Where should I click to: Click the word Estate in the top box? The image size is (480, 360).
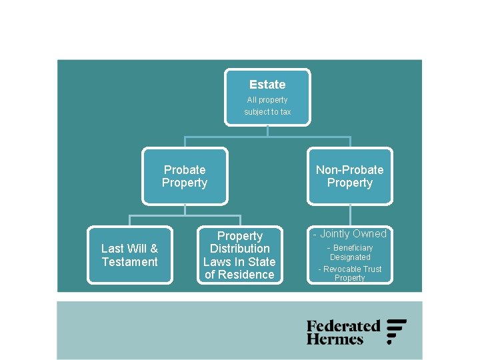pyautogui.click(x=267, y=85)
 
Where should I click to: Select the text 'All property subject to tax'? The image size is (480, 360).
pyautogui.click(x=267, y=106)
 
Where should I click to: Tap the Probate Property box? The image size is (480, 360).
pyautogui.click(x=185, y=177)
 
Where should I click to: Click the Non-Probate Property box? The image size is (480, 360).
pyautogui.click(x=350, y=177)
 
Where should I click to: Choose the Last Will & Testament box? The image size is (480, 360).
pyautogui.click(x=130, y=255)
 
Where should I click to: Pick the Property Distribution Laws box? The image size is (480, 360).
pyautogui.click(x=239, y=255)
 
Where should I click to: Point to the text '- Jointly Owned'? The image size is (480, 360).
pyautogui.click(x=350, y=234)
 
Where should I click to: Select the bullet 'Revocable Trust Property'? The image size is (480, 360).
pyautogui.click(x=350, y=273)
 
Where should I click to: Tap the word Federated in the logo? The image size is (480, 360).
pyautogui.click(x=343, y=326)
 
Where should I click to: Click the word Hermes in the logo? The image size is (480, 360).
pyautogui.click(x=335, y=339)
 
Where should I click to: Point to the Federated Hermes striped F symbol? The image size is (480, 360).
pyautogui.click(x=396, y=331)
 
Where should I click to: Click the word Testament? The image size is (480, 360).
pyautogui.click(x=130, y=262)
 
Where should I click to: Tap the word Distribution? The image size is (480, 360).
pyautogui.click(x=239, y=249)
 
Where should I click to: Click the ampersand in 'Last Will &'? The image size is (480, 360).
pyautogui.click(x=155, y=249)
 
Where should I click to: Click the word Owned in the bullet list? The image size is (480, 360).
pyautogui.click(x=370, y=234)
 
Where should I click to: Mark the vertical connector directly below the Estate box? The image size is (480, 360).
pyautogui.click(x=267, y=131)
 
